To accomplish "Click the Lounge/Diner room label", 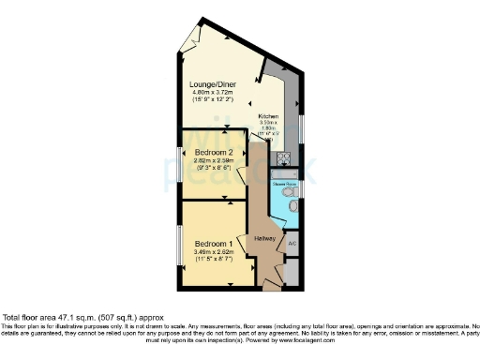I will point(212,84).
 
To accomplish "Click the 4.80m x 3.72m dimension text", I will point(212,93).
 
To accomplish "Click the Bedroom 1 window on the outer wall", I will point(181,243).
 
